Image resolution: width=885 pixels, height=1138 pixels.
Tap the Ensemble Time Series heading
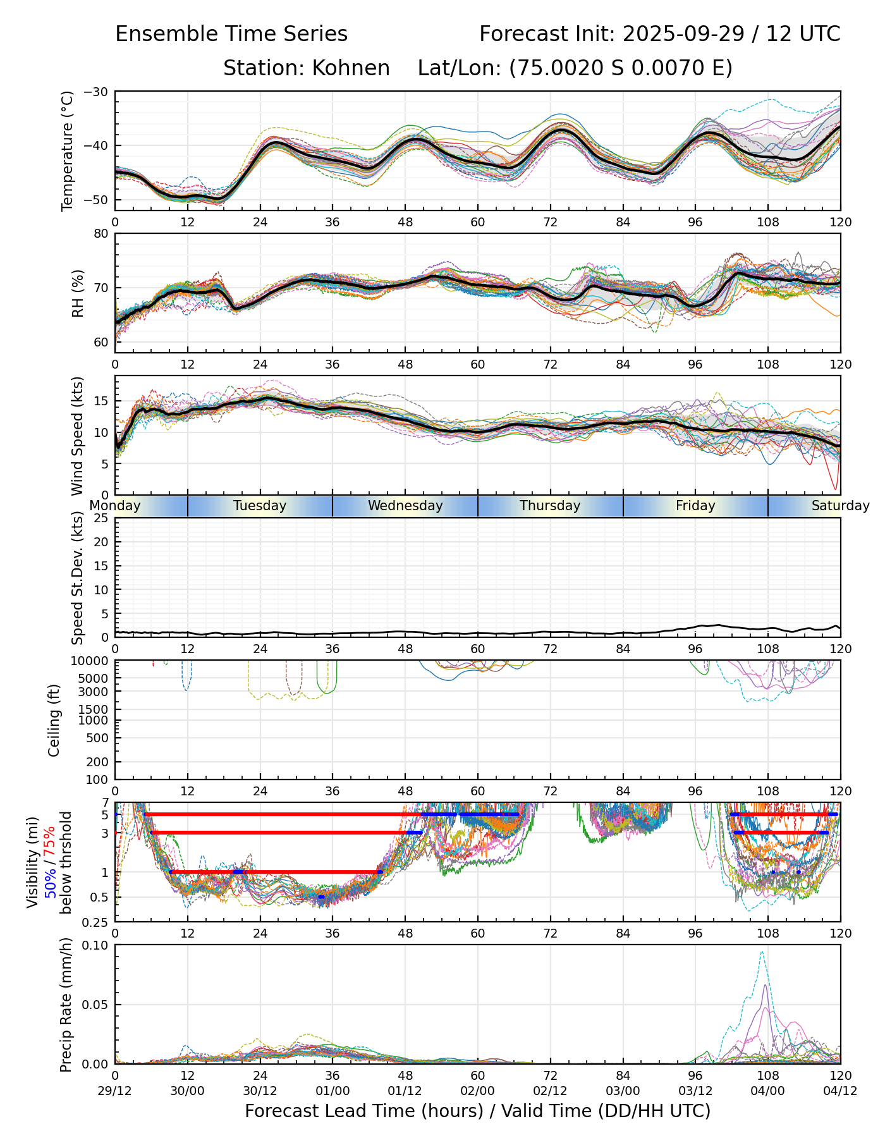click(x=231, y=34)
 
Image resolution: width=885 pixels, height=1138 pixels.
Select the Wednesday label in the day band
click(x=405, y=506)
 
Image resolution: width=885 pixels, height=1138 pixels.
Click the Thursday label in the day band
click(x=550, y=506)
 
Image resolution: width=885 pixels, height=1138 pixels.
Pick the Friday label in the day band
click(x=695, y=506)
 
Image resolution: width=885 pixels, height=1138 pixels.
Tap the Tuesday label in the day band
click(x=260, y=506)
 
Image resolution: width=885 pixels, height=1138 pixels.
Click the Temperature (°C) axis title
click(x=68, y=150)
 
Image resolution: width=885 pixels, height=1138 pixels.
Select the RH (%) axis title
click(x=78, y=293)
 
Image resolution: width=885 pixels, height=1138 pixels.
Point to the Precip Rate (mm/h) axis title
click(x=66, y=1004)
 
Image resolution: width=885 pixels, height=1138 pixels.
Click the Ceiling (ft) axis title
click(x=54, y=720)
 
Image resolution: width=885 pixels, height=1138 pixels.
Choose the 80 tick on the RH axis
click(x=102, y=234)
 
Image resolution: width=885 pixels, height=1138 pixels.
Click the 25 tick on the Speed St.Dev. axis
click(x=102, y=518)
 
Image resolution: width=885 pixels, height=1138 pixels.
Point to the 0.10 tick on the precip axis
click(x=97, y=945)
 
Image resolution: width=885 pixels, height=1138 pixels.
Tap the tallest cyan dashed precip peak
click(x=762, y=952)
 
